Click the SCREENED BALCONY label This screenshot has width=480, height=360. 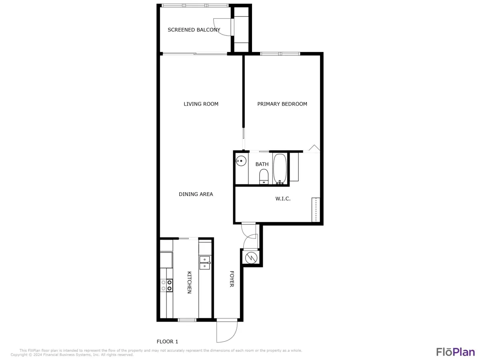194,30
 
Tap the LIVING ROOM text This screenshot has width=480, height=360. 201,104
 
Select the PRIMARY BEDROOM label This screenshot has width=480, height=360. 282,104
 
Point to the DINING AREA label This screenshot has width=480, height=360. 196,194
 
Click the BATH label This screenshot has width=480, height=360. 262,164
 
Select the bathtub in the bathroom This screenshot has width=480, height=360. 280,169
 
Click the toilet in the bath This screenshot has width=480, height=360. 264,176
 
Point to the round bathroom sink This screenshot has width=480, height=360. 241,162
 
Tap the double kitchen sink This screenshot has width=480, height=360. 205,262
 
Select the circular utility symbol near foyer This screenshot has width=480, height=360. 250,258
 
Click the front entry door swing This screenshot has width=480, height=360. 226,331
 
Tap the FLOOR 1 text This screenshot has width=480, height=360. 167,342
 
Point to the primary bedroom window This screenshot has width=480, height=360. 280,54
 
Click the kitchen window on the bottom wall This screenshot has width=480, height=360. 187,320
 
